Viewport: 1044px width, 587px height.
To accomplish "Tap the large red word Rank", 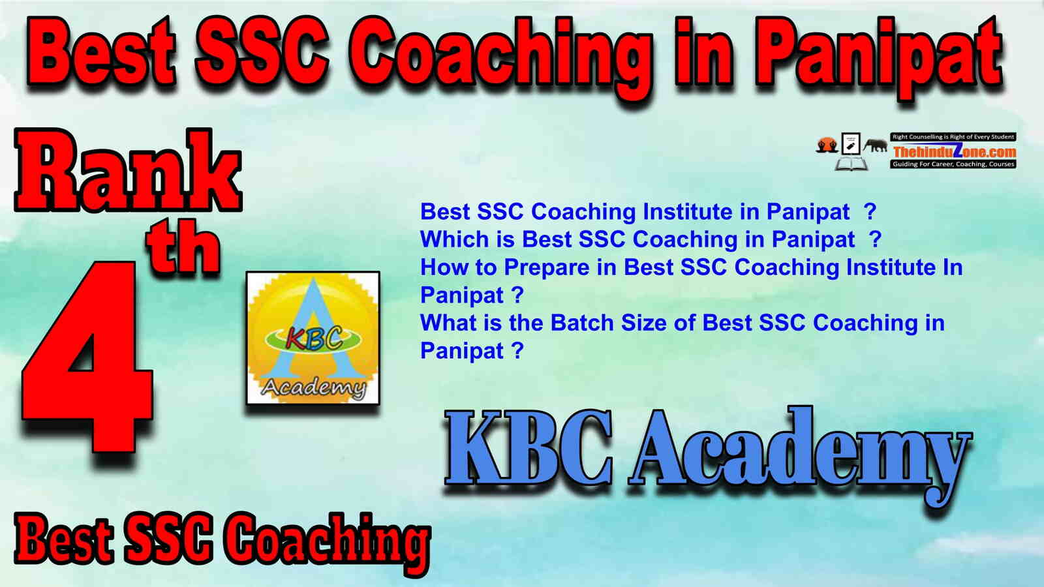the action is pos(128,170).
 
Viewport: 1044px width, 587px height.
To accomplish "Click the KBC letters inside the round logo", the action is pos(314,338).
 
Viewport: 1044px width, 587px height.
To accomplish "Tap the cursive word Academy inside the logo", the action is pos(313,387).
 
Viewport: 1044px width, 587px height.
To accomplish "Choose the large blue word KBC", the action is pos(529,449).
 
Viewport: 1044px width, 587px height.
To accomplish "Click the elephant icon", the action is pos(875,145).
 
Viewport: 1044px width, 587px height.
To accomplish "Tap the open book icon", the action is pos(851,164).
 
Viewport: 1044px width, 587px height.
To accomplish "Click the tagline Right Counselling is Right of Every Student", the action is pos(953,137).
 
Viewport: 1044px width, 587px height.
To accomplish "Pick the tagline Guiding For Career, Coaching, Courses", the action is pos(953,164).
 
